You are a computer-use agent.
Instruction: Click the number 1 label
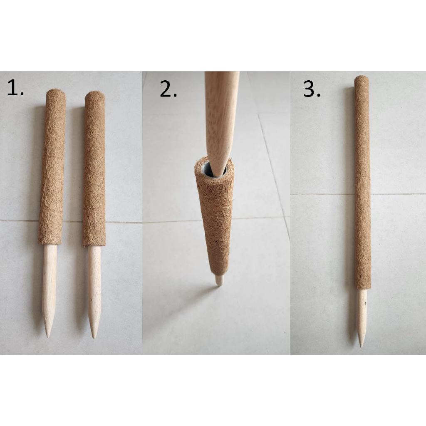click(15, 87)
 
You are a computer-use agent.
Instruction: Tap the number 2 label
click(168, 89)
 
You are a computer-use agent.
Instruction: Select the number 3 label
click(312, 89)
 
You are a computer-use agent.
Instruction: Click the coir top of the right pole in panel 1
click(95, 95)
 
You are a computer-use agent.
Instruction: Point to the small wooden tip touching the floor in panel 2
click(219, 280)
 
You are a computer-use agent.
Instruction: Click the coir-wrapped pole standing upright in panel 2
click(215, 217)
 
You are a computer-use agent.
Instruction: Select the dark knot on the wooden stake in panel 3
click(365, 302)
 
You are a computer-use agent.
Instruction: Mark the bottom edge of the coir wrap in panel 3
click(363, 289)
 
